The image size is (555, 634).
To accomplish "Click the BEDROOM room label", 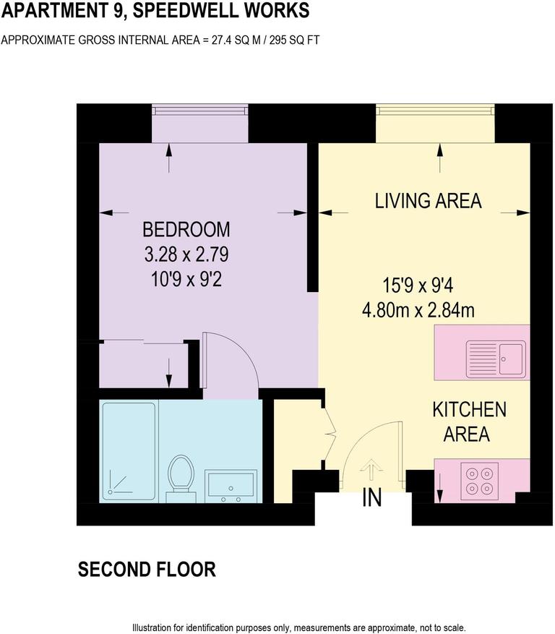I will coord(186,230).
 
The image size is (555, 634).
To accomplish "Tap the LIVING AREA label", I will coord(428,201).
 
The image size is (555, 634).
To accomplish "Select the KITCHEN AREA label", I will coord(469,421).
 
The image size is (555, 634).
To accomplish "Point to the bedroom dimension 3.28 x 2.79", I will coord(186,254).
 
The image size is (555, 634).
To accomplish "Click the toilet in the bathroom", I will coord(178,476).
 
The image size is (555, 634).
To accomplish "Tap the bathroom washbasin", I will coord(231,486).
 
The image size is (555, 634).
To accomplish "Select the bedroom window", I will coord(199,110).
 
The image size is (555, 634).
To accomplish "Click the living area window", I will coord(435,110).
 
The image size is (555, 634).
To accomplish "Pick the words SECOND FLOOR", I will coord(147,570).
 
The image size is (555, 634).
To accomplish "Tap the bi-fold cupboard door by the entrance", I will coord(330,434).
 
